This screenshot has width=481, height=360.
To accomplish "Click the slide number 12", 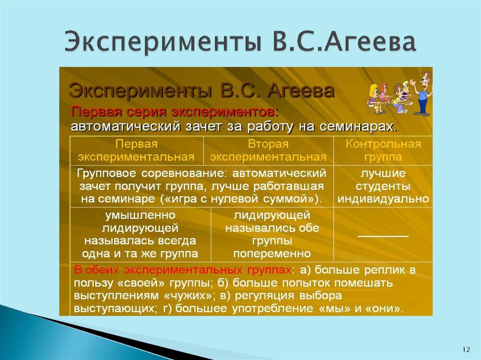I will [466, 349].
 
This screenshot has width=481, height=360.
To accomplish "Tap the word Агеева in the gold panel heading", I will [301, 90].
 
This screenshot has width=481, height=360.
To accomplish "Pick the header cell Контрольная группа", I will [383, 150].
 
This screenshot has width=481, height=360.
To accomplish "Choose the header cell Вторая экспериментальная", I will [268, 150].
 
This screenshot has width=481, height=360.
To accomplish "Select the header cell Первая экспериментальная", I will [136, 150].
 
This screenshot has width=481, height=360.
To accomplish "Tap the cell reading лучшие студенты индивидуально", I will [383, 186].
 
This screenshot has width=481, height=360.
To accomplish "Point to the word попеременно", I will [272, 254].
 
